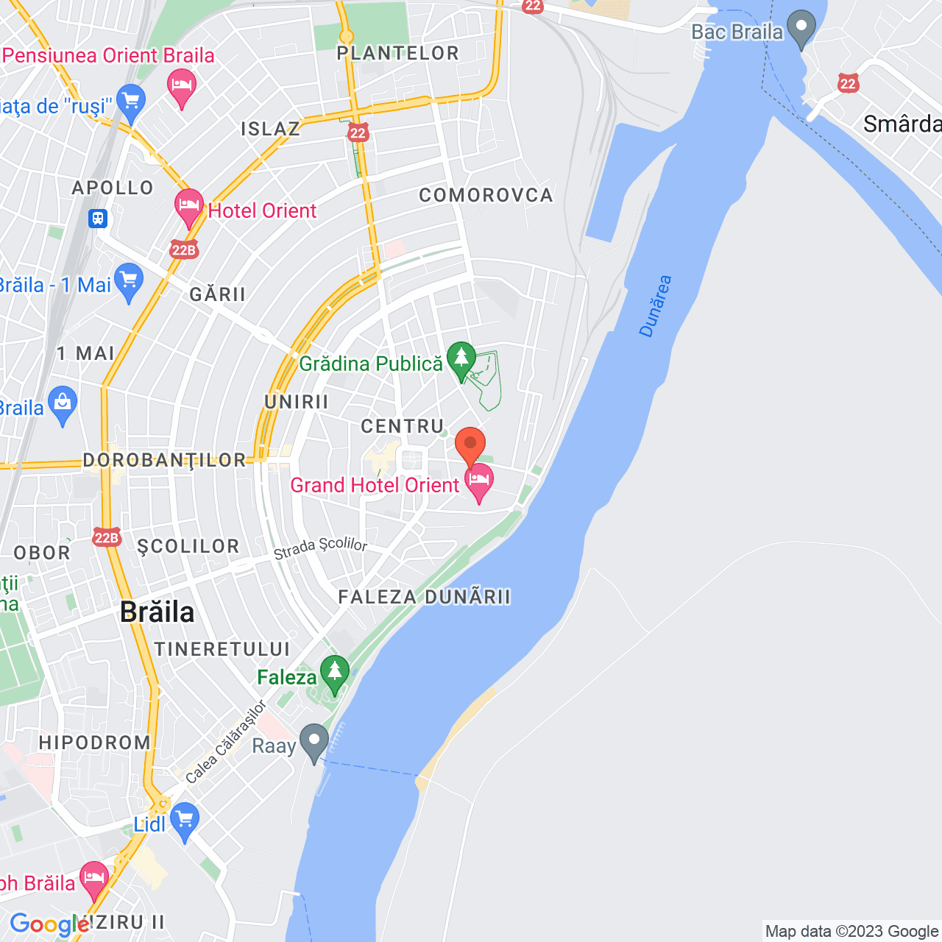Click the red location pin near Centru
[470, 445]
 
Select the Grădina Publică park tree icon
[461, 360]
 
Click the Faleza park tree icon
[335, 673]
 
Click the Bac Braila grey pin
[801, 27]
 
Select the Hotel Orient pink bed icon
[188, 206]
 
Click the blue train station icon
[98, 219]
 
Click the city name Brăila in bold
[157, 612]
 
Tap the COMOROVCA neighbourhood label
[486, 195]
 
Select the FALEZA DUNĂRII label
[424, 597]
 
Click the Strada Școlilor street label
[320, 548]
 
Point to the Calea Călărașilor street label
[226, 742]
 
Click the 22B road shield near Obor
[107, 538]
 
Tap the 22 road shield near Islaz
[358, 132]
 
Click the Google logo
[49, 924]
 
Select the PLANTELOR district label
[398, 53]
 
